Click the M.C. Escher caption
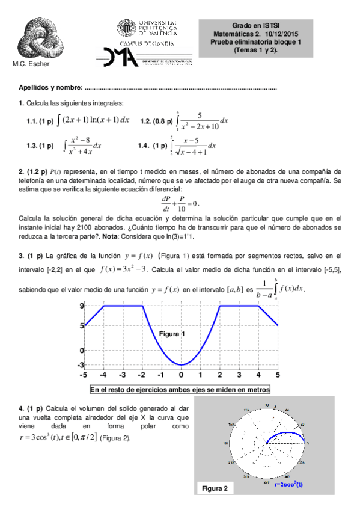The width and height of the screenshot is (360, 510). tap(31, 64)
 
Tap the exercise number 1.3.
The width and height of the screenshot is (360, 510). tap(33, 146)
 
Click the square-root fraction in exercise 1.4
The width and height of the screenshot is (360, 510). tap(192, 146)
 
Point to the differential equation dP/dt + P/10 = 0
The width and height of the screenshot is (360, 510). tap(180, 202)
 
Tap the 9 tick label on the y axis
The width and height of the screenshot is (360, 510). tap(81, 307)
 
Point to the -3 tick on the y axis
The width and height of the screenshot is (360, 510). tap(79, 364)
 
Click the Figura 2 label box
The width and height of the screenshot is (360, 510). tap(215, 488)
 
